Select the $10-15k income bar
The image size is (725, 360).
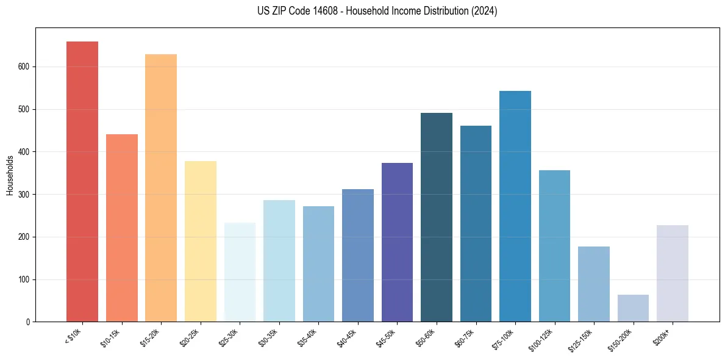121,228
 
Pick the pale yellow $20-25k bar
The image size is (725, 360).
200,242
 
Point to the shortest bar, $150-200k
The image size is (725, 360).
633,308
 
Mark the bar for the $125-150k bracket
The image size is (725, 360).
593,284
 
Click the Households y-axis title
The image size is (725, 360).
10,175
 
